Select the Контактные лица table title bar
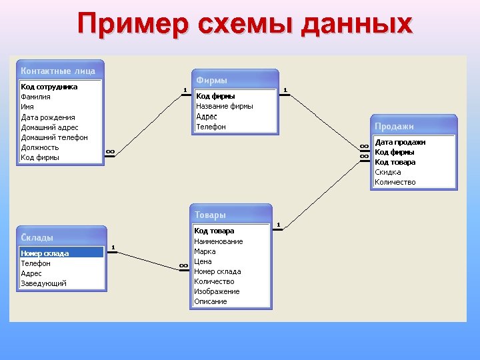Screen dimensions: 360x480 tap(59, 71)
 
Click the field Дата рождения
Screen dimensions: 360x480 tap(48, 117)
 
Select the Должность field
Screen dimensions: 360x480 tap(40, 147)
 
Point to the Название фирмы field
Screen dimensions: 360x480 tap(225, 106)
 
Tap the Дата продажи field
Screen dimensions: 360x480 tap(400, 142)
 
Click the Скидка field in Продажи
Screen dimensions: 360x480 tap(388, 172)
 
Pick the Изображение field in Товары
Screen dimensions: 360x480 tap(217, 291)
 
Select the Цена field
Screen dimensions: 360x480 tap(203, 261)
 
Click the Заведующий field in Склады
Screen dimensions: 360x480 tap(43, 283)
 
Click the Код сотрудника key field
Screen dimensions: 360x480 tap(49, 87)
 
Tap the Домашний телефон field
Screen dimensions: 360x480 tap(54, 137)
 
